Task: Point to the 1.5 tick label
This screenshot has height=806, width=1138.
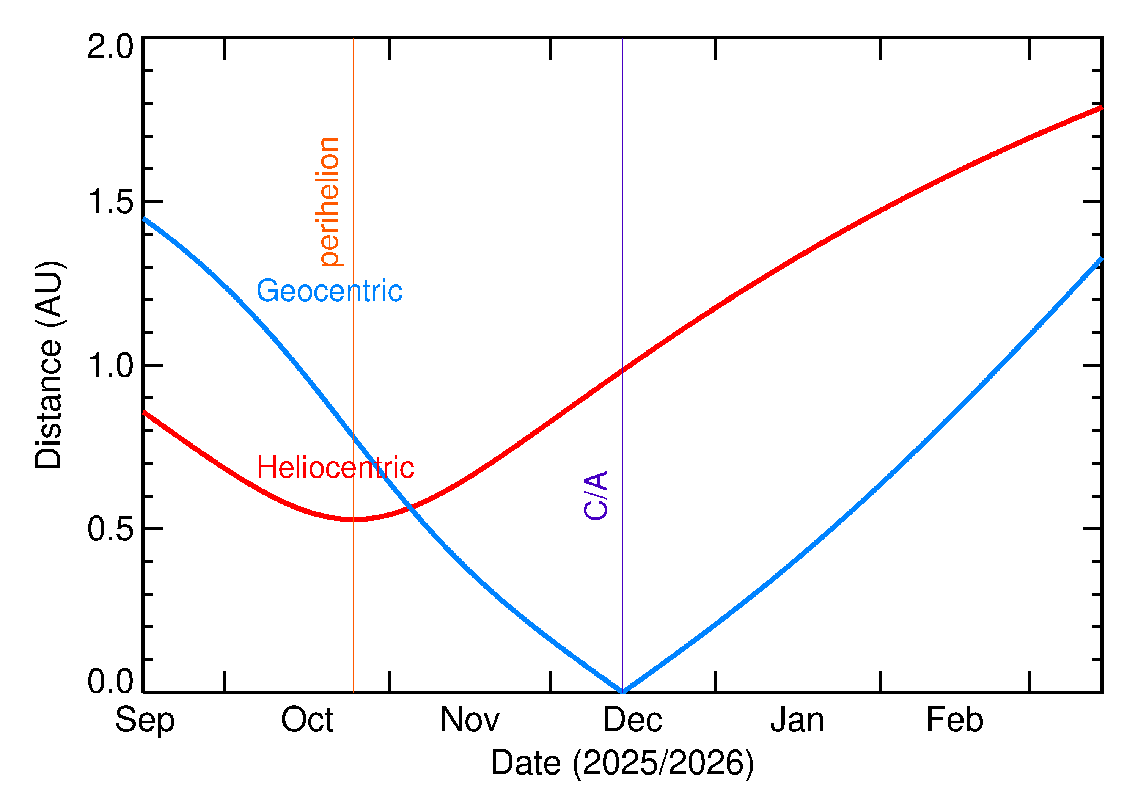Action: (x=110, y=202)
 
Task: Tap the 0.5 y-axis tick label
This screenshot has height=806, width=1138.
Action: (x=110, y=529)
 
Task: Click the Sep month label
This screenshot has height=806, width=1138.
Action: (x=145, y=720)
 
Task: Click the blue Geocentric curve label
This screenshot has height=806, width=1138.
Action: (x=329, y=291)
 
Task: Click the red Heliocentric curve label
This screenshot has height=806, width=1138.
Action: (x=335, y=468)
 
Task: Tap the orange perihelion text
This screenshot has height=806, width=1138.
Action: (x=329, y=202)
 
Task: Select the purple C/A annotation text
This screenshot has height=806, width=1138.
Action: (x=596, y=496)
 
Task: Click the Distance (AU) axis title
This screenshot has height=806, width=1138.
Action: (x=49, y=366)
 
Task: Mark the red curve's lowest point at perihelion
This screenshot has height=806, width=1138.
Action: (x=354, y=519)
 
